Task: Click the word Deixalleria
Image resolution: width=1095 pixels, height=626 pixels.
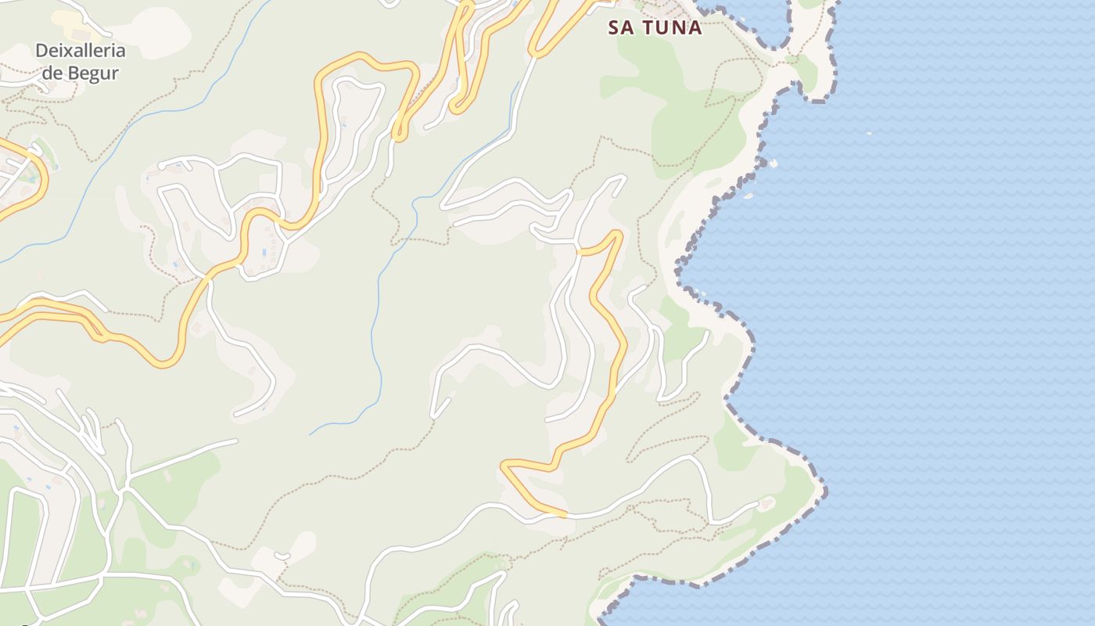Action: [80, 52]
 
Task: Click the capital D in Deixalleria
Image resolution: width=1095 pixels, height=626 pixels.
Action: [41, 52]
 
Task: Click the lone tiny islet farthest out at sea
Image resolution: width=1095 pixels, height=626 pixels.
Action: [869, 133]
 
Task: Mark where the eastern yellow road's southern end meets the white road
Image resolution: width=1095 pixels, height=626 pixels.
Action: [565, 515]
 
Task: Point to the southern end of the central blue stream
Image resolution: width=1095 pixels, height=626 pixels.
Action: [311, 434]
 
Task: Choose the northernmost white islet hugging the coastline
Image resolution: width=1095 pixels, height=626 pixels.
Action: [774, 163]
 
